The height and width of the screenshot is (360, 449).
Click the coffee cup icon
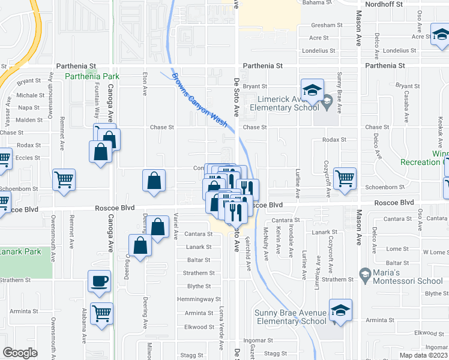pyautogui.click(x=100, y=281)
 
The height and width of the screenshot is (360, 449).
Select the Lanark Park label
pyautogui.click(x=20, y=251)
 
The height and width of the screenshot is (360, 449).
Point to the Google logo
pyautogui.click(x=20, y=353)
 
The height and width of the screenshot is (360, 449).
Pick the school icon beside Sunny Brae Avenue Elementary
pyautogui.click(x=340, y=310)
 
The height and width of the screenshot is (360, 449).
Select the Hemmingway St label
pyautogui.click(x=202, y=299)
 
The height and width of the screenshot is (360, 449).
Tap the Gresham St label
pyautogui.click(x=327, y=26)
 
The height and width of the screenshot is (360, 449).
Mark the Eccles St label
pyautogui.click(x=28, y=158)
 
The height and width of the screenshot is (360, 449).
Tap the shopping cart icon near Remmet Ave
pyautogui.click(x=64, y=179)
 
